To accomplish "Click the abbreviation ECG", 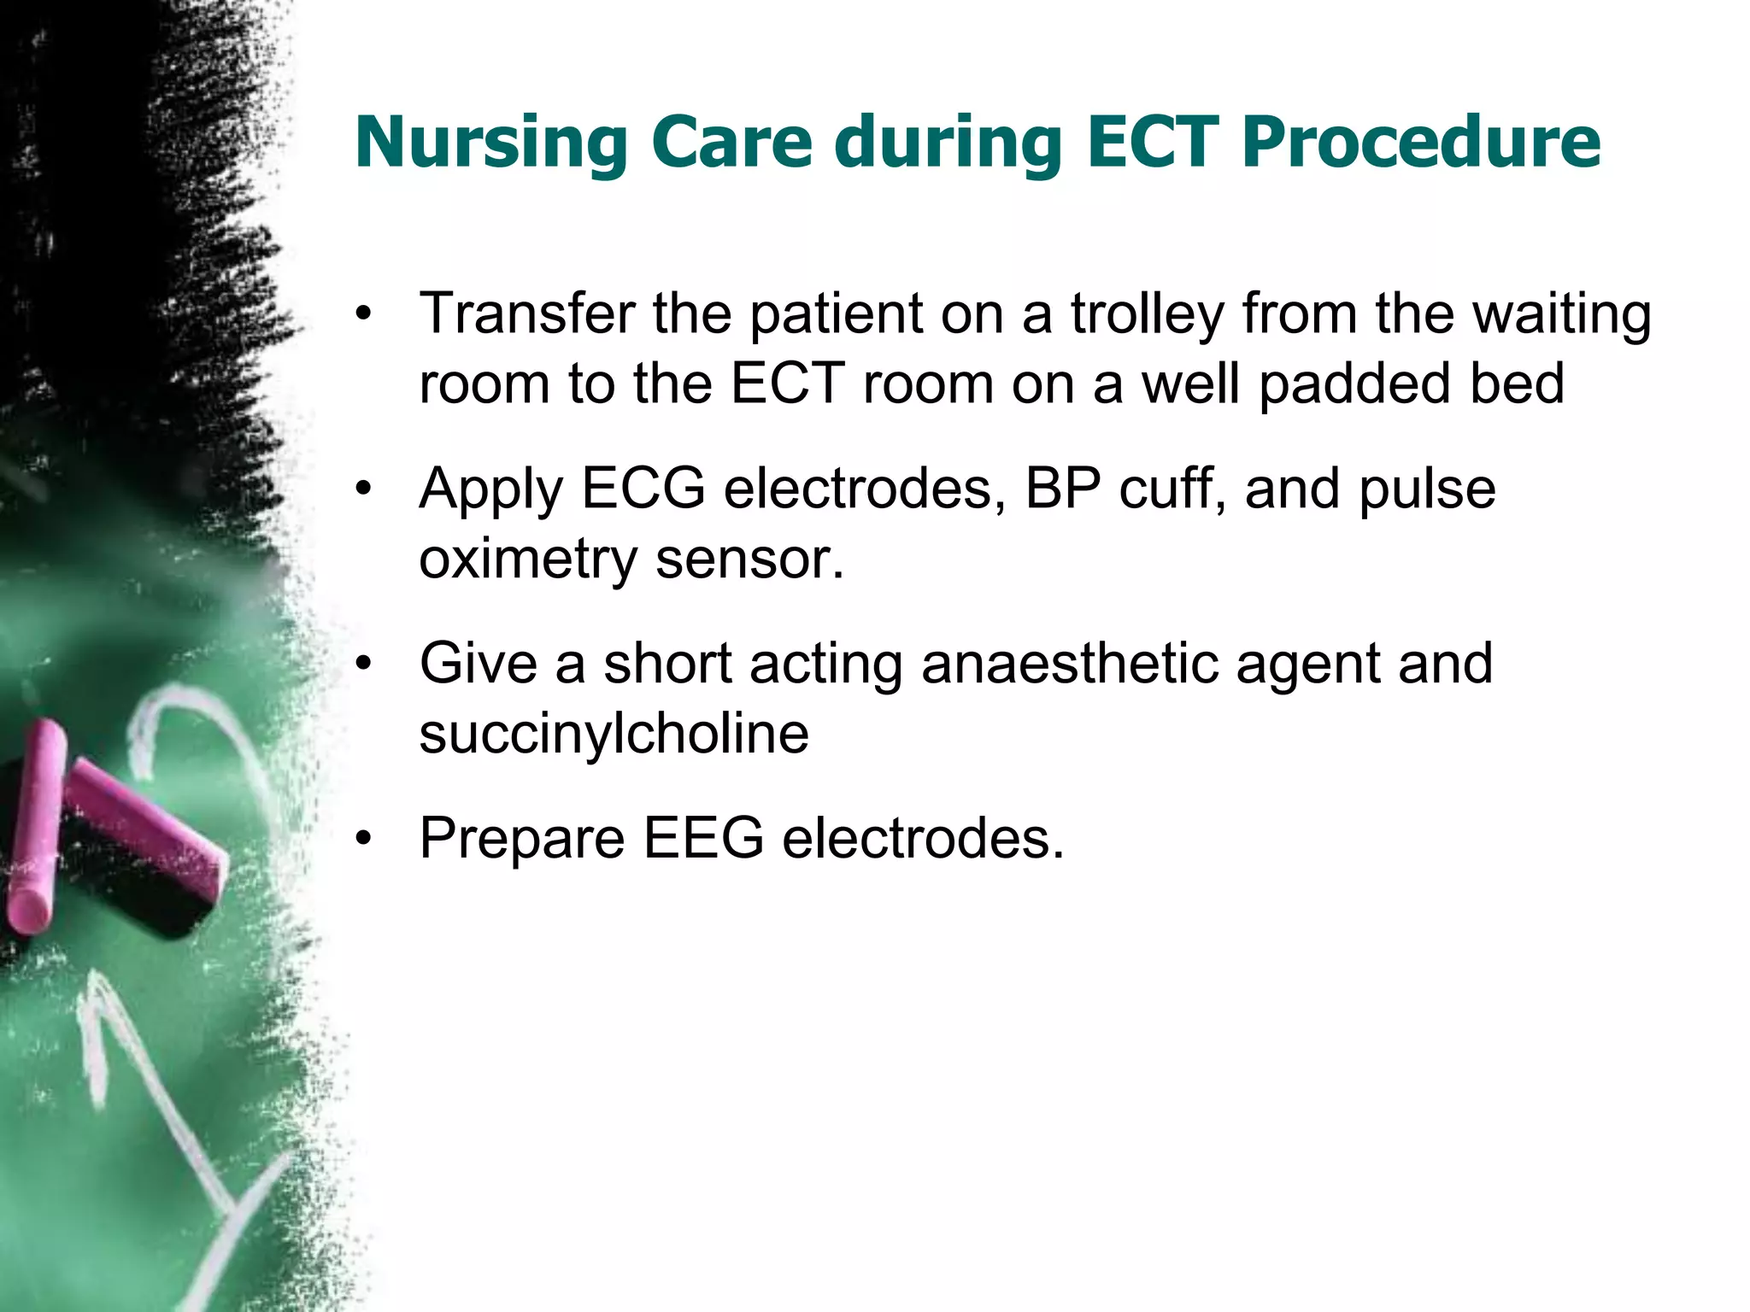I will (643, 489).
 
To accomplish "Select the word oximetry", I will (527, 560).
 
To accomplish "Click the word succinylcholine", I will (614, 734).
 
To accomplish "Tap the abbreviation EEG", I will (702, 838).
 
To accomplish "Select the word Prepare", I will (522, 840).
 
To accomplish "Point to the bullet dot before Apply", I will (365, 490).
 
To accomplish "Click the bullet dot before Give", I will (365, 665).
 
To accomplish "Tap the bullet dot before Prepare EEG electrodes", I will (365, 840).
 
